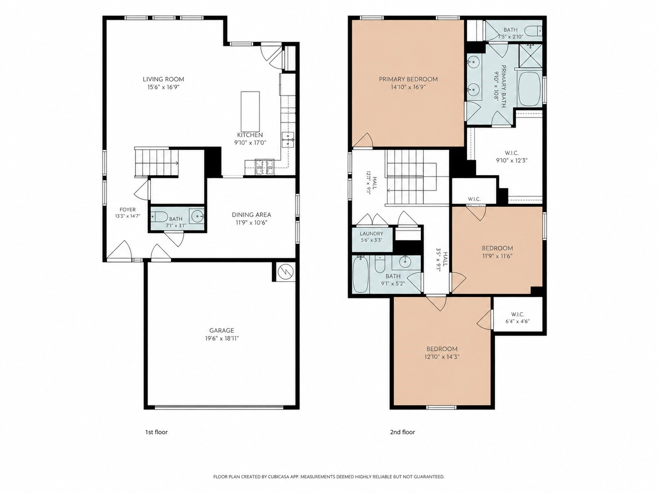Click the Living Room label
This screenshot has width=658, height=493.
point(164,79)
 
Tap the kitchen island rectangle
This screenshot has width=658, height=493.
point(250,111)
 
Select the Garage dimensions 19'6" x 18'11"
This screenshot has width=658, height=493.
point(222,339)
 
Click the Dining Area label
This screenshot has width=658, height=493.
point(251,215)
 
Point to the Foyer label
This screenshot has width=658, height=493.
point(127,210)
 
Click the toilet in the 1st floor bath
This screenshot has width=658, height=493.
point(159,216)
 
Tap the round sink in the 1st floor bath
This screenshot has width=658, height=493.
point(197,215)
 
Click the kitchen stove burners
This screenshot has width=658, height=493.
point(264,167)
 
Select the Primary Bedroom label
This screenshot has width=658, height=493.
point(408,79)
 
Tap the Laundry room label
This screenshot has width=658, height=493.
point(371,233)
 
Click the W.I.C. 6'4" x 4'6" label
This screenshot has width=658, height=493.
point(518,318)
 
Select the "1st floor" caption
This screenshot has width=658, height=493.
point(156,432)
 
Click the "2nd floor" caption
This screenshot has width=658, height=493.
point(402,432)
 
